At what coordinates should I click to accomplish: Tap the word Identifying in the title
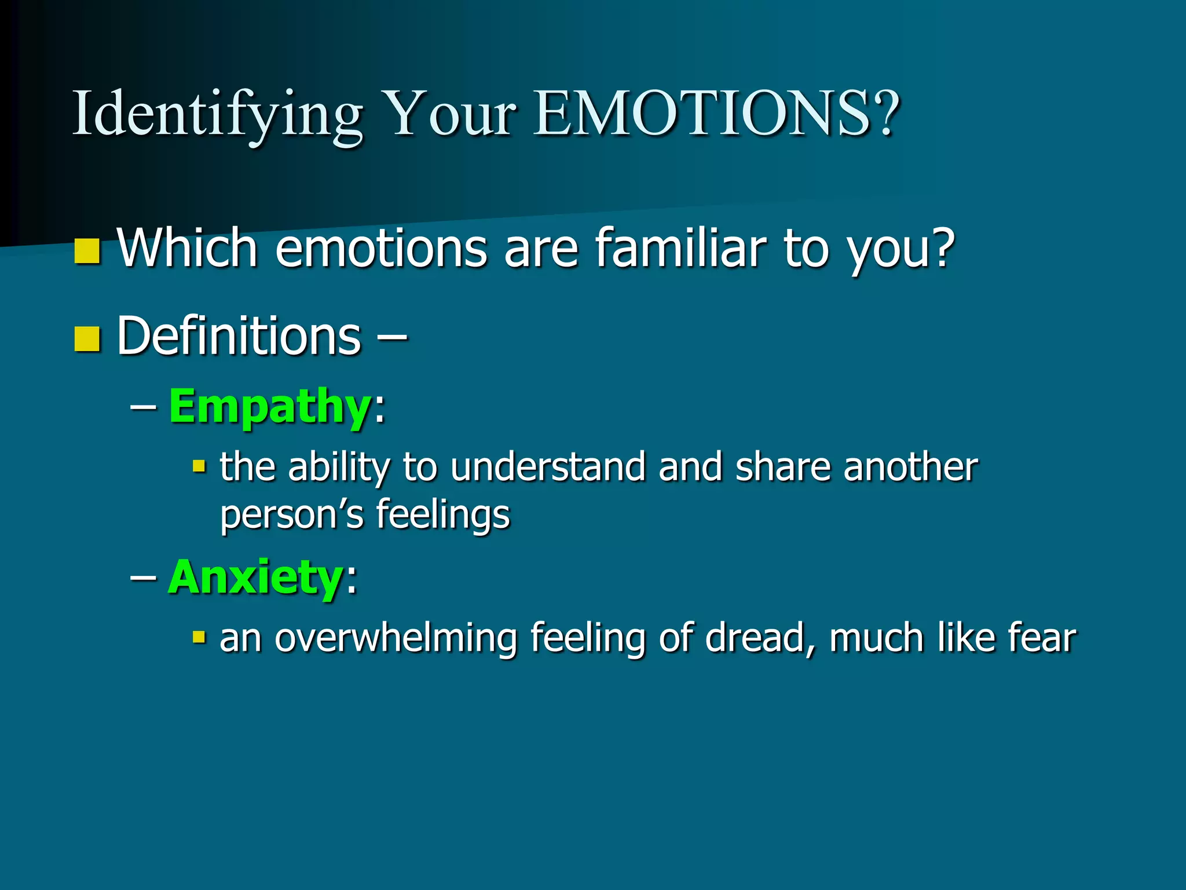(x=217, y=114)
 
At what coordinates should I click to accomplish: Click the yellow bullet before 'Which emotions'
(x=87, y=251)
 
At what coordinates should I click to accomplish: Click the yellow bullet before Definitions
(x=87, y=339)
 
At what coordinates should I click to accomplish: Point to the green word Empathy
(x=269, y=407)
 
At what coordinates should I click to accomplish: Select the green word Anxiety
(x=255, y=577)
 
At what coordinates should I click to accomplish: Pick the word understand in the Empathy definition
(x=547, y=467)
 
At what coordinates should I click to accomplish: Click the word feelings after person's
(x=443, y=515)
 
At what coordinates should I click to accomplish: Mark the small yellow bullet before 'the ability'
(x=199, y=466)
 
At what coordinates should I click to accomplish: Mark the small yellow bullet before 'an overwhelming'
(x=199, y=637)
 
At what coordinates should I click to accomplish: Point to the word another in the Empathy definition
(x=910, y=467)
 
